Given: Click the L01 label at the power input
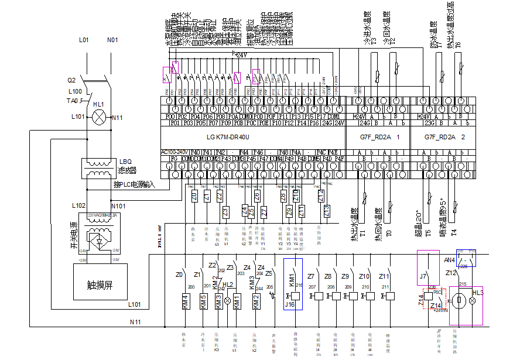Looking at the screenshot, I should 83,40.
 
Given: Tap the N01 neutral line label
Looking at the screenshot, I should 112,40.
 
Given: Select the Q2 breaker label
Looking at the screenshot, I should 71,80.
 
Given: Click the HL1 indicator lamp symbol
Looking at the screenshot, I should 98,116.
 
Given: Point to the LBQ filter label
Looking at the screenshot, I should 126,162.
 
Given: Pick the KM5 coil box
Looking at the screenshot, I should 202,301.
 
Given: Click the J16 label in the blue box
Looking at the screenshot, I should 289,304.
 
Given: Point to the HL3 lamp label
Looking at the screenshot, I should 477,292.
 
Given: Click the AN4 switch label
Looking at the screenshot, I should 450,259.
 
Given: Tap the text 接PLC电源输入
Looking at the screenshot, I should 134,185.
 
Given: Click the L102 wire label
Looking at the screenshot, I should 78,206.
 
